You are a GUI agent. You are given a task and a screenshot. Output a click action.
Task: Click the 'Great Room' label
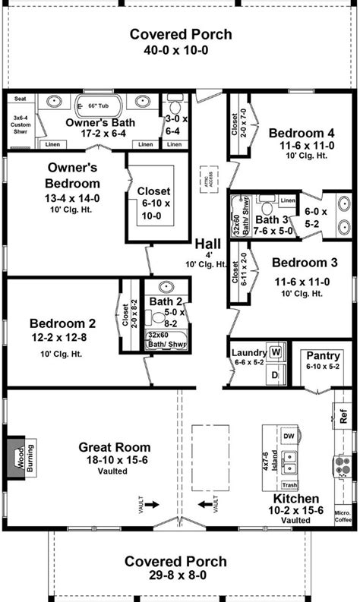coord(114,447)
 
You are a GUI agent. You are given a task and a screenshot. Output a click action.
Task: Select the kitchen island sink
coord(288,460)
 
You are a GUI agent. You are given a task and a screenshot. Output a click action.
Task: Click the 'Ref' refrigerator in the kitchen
coord(344,417)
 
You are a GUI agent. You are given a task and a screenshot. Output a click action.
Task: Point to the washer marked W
coord(276,352)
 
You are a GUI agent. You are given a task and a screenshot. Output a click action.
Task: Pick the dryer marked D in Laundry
coord(276,374)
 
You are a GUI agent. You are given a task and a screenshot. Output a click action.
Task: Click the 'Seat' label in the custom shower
coord(20,98)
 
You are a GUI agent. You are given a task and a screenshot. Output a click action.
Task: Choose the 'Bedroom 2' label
coord(58,322)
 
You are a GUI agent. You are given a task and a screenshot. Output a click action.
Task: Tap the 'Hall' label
coord(208,244)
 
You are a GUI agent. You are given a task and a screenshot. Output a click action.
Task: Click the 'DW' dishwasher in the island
coord(289,437)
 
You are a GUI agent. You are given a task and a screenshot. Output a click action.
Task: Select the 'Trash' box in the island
coord(289,484)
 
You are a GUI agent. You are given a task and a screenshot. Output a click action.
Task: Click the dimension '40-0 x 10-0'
coord(180,49)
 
